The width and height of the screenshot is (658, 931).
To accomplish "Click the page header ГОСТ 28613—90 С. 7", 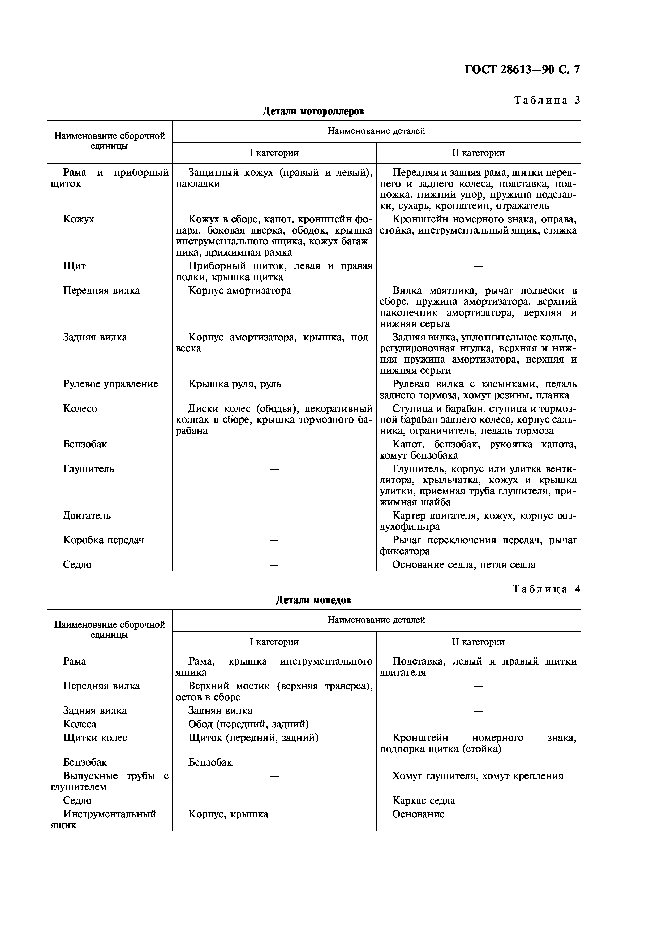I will click(x=522, y=70).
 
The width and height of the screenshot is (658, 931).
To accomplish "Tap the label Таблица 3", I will click(x=547, y=100).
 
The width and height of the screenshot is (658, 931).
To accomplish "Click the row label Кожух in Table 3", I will click(x=78, y=219).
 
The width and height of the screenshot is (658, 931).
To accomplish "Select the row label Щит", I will click(x=74, y=266).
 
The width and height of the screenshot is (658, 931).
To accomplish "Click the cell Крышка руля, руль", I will click(x=235, y=384).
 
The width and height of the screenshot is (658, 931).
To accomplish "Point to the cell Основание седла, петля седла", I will click(x=463, y=565).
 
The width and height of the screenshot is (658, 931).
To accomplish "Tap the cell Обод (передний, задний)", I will click(x=248, y=724).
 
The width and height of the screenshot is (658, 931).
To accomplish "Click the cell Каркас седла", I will click(x=423, y=800).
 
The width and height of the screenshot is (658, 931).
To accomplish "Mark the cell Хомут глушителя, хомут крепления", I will click(x=477, y=776).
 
